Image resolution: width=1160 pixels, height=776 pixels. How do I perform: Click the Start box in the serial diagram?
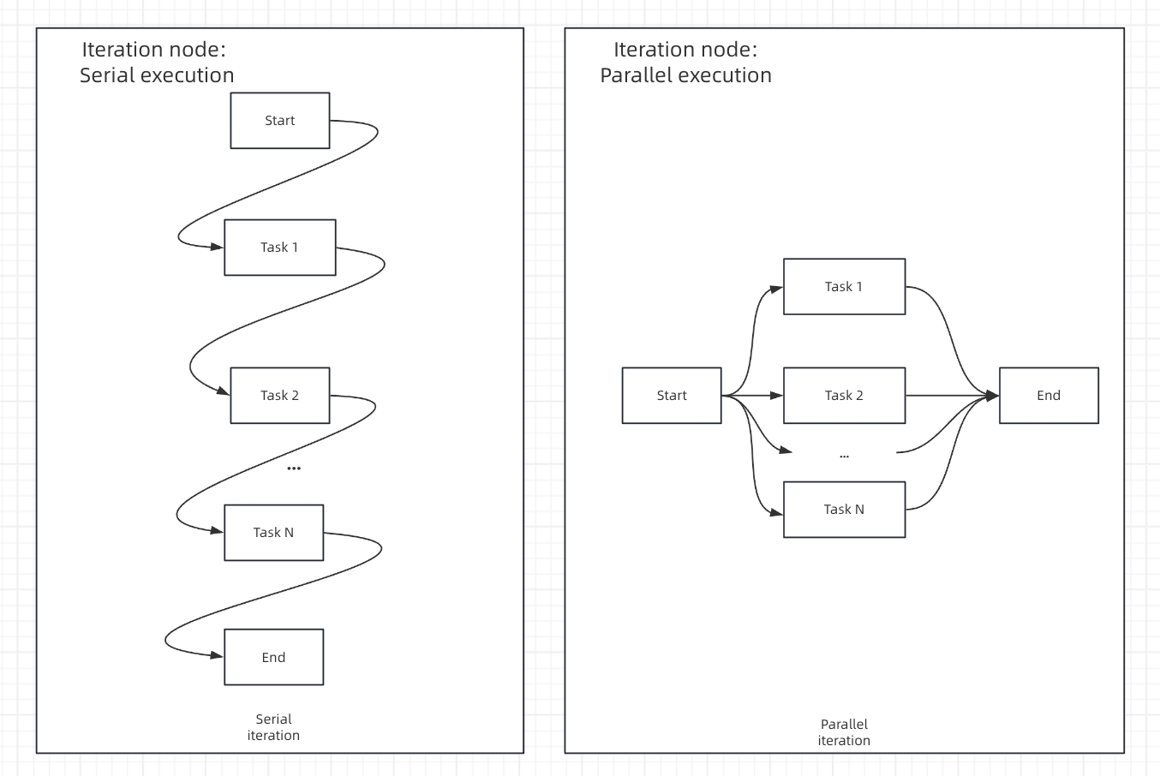tap(279, 121)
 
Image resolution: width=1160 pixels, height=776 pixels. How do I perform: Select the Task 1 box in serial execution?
tap(279, 248)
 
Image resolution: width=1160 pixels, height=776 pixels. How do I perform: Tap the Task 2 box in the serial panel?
tap(279, 396)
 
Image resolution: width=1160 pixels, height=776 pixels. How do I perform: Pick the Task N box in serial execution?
tap(273, 533)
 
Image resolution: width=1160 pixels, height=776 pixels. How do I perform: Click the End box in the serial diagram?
tap(273, 658)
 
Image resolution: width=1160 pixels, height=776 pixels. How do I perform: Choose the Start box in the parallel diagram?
tap(672, 396)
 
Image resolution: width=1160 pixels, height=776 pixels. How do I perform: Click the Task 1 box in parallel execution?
tap(844, 287)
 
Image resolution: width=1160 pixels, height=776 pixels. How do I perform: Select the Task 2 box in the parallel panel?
tap(844, 396)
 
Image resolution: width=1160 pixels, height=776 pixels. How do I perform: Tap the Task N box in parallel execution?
tap(844, 510)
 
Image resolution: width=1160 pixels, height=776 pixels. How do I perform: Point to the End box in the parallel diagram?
tap(1049, 396)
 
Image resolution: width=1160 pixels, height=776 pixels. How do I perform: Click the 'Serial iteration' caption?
tap(273, 727)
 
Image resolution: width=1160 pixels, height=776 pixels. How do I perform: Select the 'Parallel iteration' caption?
tap(844, 732)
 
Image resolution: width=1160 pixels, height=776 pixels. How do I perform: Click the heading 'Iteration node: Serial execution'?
tap(156, 63)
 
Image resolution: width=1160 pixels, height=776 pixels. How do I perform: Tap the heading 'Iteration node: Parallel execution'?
tap(685, 63)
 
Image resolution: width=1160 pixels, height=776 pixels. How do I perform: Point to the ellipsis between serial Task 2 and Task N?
tap(294, 469)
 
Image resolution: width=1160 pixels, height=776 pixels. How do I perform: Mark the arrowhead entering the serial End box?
tap(218, 656)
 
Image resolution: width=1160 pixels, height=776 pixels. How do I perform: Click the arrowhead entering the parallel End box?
tap(992, 396)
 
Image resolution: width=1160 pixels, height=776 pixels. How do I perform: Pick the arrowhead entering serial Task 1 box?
tap(218, 247)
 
